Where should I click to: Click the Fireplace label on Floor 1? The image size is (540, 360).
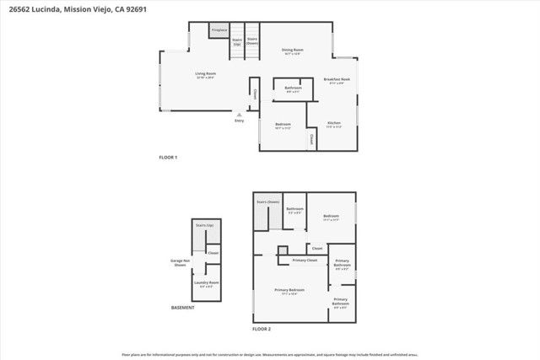pos(219,30)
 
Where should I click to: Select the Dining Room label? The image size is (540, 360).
pos(292,51)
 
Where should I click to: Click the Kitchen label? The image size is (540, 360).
pos(334,125)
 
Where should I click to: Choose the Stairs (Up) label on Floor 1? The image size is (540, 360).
pos(237,40)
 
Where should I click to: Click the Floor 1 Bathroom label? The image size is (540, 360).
pos(293,89)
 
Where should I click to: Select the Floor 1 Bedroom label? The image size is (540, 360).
pos(283,126)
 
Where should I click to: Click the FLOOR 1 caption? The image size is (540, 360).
pos(169,158)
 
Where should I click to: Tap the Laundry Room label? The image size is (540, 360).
pos(207,283)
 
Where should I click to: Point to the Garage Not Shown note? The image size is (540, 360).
pos(179,263)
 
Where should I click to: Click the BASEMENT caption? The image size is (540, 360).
pos(183,308)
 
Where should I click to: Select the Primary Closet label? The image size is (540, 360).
pos(305,261)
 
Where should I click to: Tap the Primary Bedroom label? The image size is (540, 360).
pos(289,290)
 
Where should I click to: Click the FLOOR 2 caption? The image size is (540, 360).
pos(262,328)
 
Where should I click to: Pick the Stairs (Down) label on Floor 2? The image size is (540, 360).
pos(267,202)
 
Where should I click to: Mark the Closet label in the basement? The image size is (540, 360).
pos(213,254)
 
